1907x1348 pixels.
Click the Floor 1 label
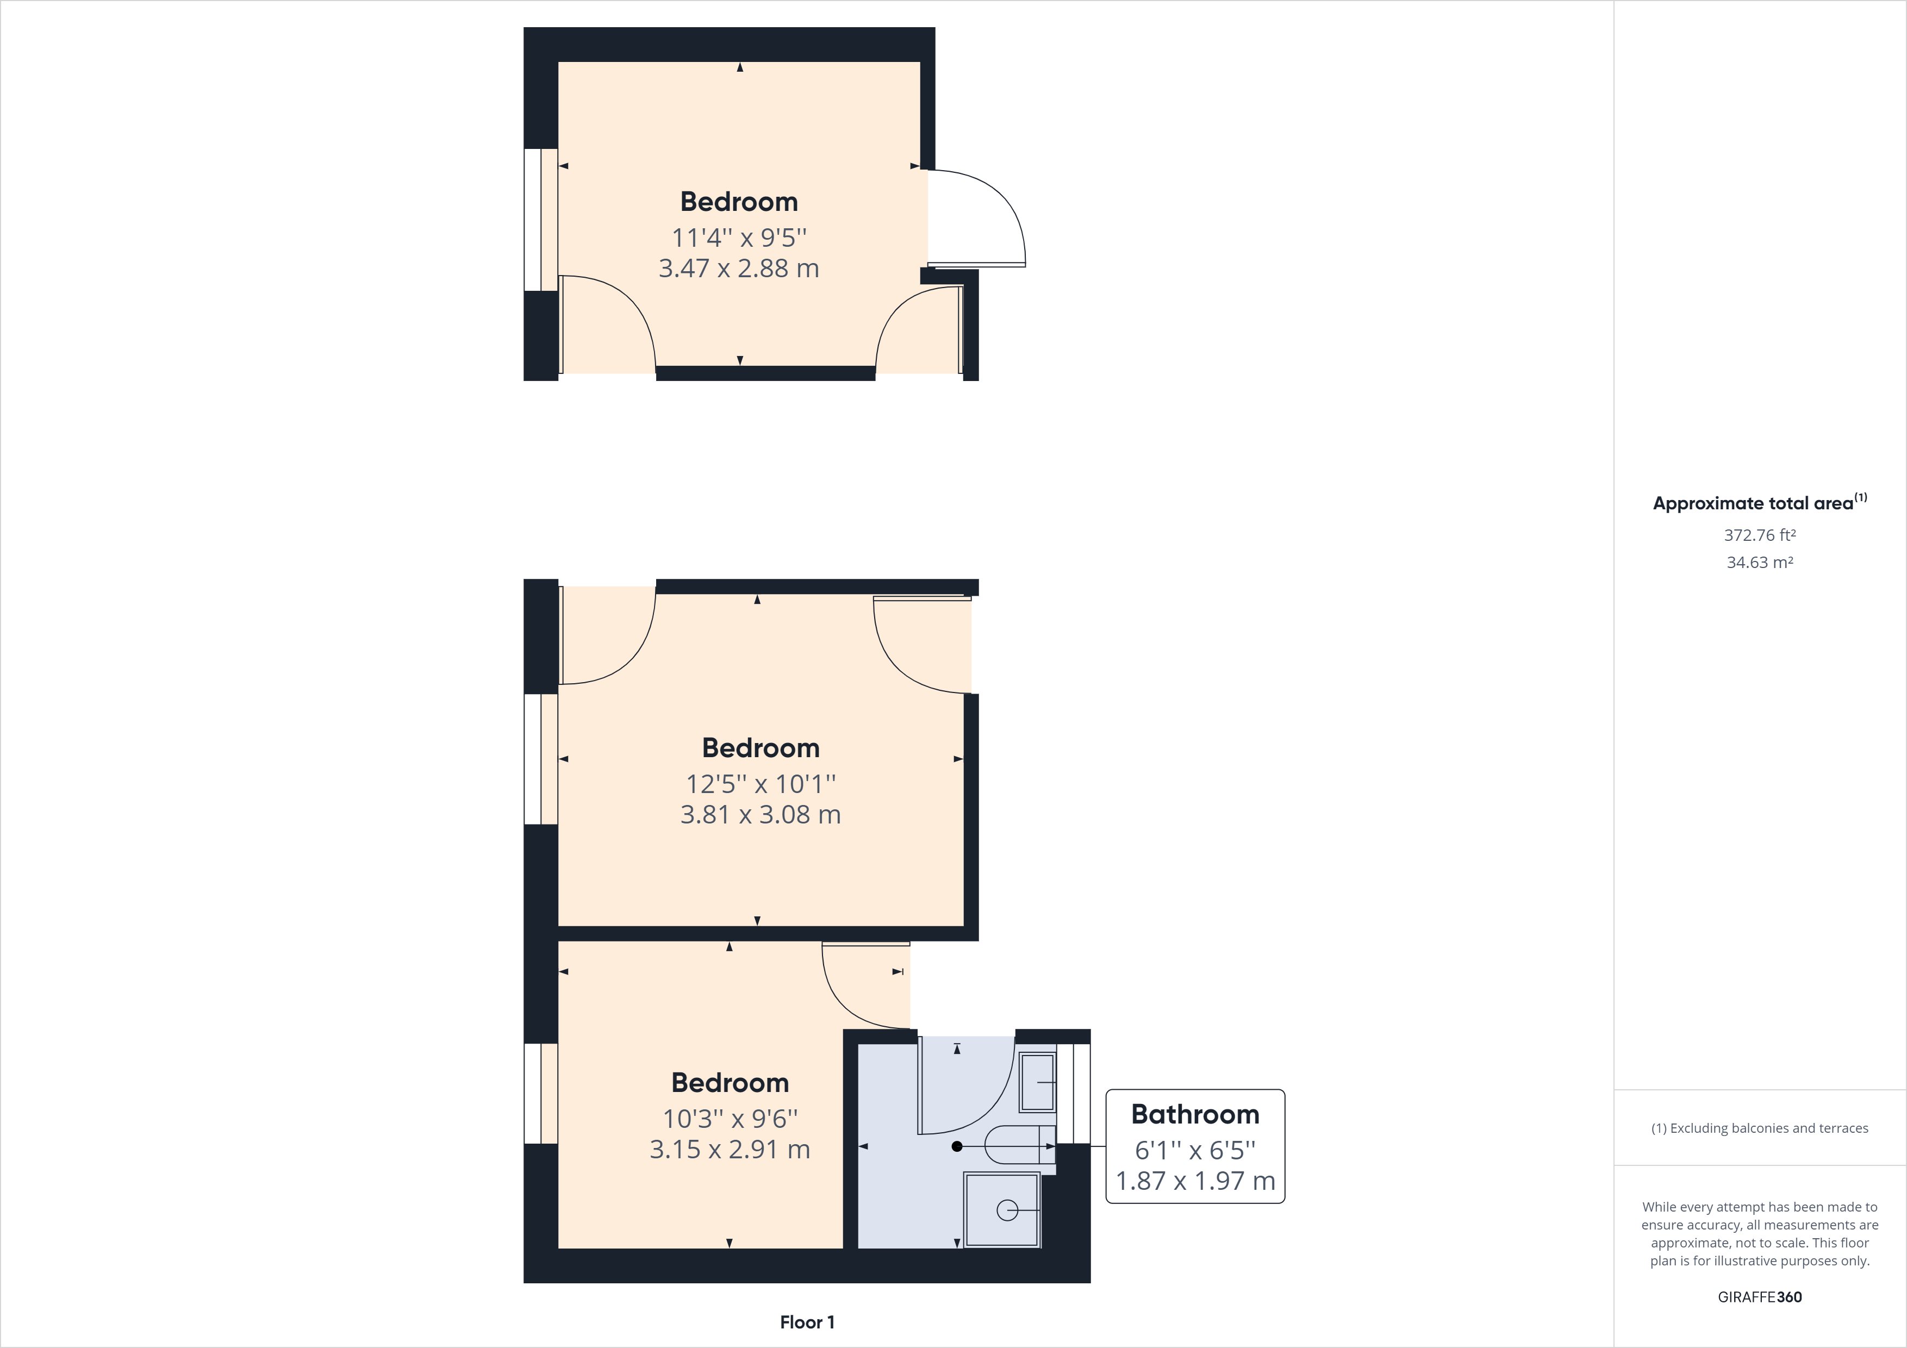tap(807, 1322)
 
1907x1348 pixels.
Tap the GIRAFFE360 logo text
tap(1759, 1296)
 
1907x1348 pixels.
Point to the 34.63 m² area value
tap(1759, 562)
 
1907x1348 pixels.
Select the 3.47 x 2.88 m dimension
tap(738, 269)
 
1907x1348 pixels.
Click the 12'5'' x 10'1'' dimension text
tap(760, 783)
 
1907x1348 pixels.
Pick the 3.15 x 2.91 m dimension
tap(729, 1150)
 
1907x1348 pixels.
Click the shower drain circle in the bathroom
tap(1007, 1211)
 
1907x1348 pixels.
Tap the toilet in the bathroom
tap(1018, 1147)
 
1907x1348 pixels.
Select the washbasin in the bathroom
tap(1037, 1082)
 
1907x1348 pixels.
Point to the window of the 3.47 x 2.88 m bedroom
tap(541, 220)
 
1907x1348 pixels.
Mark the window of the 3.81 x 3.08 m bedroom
tap(541, 759)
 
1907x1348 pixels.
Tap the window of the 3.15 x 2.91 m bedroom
tap(541, 1093)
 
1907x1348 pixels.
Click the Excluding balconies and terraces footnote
tap(1759, 1128)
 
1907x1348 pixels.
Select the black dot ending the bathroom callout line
tap(957, 1147)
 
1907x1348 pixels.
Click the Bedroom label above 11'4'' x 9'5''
tap(738, 202)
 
